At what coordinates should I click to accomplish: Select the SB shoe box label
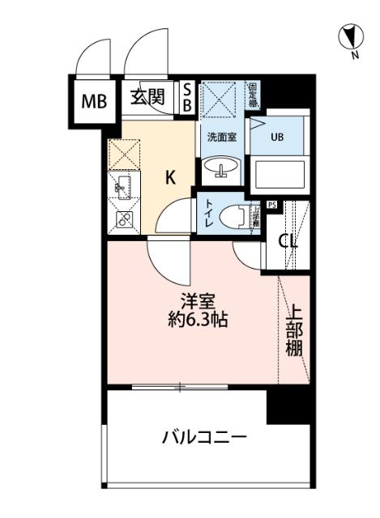coord(186,98)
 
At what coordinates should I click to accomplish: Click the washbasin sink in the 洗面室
coord(220,168)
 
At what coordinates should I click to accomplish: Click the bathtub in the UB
coord(279,174)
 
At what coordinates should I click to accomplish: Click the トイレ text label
coord(209,215)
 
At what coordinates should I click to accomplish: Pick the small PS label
coord(271,205)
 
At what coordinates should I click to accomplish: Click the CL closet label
coord(288,240)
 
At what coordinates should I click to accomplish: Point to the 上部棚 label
coord(293,333)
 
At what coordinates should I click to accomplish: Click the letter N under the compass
coord(355,56)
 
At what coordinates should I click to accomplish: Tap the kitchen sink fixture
coord(122,188)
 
